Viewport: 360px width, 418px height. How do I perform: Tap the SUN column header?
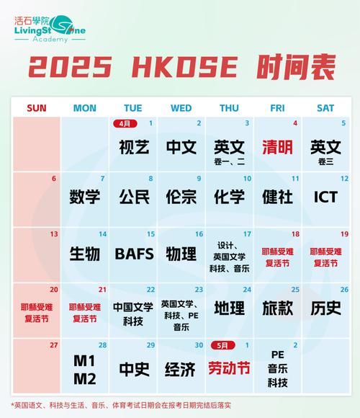[x=36, y=108]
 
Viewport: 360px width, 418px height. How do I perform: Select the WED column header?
[x=181, y=108]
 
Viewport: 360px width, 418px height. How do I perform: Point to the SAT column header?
[x=325, y=108]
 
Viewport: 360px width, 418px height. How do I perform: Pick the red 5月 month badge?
[x=221, y=345]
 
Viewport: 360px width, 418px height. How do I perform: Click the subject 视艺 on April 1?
[x=134, y=147]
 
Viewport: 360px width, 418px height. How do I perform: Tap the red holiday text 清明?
[x=277, y=147]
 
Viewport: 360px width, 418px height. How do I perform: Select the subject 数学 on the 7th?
[x=85, y=197]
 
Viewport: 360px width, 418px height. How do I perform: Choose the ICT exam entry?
[x=325, y=197]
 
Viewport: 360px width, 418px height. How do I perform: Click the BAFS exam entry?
[x=134, y=254]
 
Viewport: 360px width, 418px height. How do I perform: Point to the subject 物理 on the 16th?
[x=181, y=254]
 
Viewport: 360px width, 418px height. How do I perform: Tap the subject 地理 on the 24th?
[x=229, y=308]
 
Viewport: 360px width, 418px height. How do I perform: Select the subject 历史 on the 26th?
[x=325, y=308]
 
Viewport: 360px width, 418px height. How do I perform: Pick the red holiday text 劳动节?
[x=229, y=369]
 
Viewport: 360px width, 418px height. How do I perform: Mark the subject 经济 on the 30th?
[x=181, y=369]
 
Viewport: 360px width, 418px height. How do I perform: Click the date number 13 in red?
[x=53, y=234]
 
